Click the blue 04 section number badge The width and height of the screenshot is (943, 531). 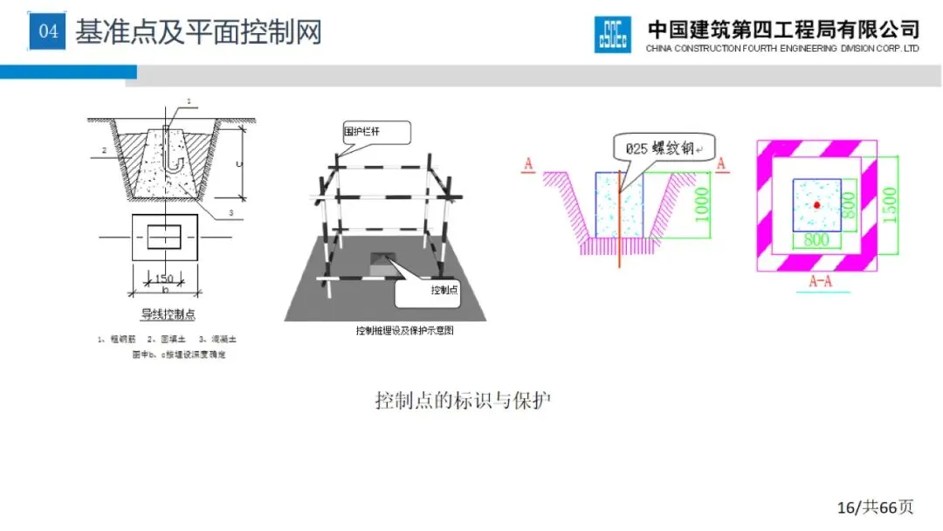click(x=48, y=32)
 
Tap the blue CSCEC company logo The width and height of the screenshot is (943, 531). click(x=612, y=35)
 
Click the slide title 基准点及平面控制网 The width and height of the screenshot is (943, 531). click(x=198, y=32)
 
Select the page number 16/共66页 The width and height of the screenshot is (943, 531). click(x=875, y=507)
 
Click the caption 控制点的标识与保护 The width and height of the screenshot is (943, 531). click(x=463, y=402)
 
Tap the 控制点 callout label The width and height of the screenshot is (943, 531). click(x=444, y=290)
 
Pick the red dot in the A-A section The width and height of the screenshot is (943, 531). click(x=816, y=204)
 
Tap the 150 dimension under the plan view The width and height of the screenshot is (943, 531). click(x=164, y=279)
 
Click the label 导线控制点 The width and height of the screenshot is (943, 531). click(x=165, y=314)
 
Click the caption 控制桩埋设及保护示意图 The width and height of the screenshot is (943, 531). click(x=405, y=331)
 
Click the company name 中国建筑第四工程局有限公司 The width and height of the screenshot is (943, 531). click(x=783, y=28)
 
